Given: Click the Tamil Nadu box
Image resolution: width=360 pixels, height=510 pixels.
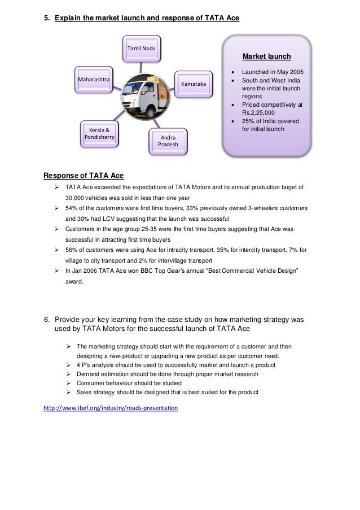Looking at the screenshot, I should (142, 50).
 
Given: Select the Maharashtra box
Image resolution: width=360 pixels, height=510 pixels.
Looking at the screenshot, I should (94, 79).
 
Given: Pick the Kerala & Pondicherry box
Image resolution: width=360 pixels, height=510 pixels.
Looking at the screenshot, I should (99, 133).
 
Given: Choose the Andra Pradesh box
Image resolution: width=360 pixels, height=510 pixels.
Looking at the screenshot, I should (168, 141).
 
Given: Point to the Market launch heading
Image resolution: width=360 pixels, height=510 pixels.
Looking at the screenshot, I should (266, 56).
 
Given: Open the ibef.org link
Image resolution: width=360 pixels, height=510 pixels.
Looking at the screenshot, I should (111, 407).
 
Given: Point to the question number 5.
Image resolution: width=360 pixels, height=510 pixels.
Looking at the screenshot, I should (47, 18).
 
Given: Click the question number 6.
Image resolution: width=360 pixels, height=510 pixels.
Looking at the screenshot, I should (47, 320).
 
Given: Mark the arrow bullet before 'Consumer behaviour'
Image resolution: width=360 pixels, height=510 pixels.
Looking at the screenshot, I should (68, 383).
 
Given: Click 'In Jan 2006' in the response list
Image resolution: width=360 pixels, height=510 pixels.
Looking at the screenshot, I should (82, 271).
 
